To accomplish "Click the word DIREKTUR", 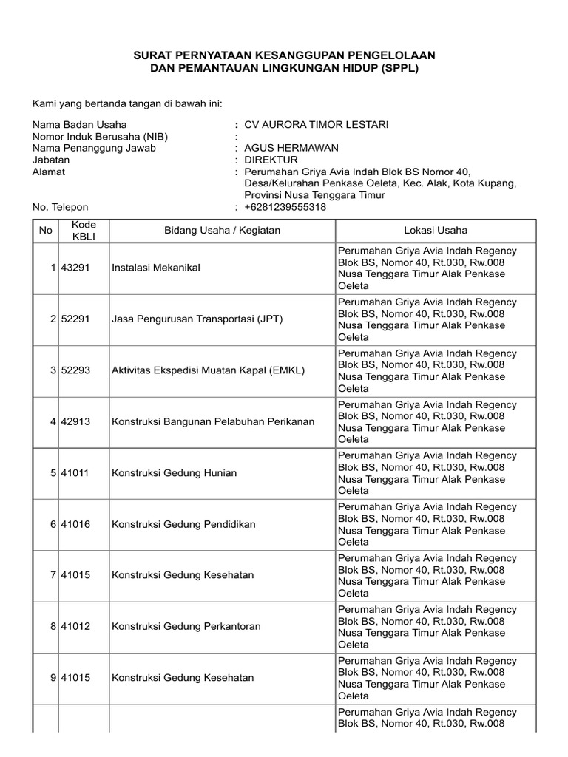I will (271, 160).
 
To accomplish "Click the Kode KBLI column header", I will (78, 230).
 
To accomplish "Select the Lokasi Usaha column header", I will (436, 230).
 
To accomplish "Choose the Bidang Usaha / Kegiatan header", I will (222, 230).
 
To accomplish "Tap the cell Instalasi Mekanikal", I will (155, 268).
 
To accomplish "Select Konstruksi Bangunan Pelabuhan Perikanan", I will (213, 421).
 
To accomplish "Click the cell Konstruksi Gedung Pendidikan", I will (183, 524).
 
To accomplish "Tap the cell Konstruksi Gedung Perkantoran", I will (186, 627).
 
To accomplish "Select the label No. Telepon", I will (60, 207).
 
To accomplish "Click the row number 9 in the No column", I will (53, 678).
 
